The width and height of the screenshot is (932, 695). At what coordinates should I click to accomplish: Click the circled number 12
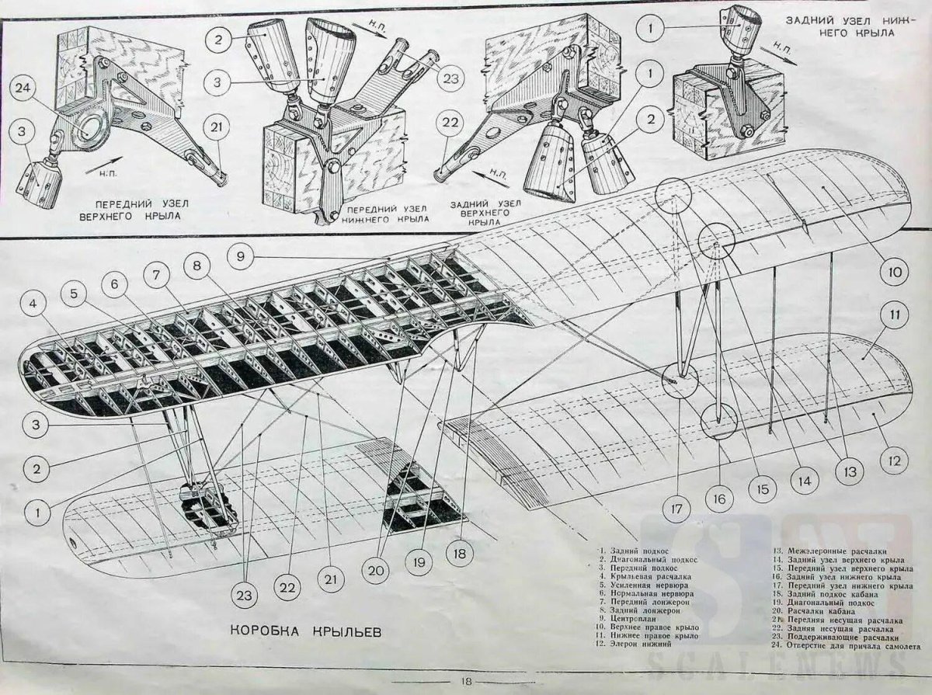point(894,460)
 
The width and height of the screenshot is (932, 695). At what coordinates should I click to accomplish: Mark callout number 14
point(803,481)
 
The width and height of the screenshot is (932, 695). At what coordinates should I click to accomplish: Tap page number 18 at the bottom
point(465,682)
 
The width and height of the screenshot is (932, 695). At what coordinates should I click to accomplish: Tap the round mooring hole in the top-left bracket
point(94,124)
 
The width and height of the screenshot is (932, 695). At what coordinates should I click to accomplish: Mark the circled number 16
point(719,498)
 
